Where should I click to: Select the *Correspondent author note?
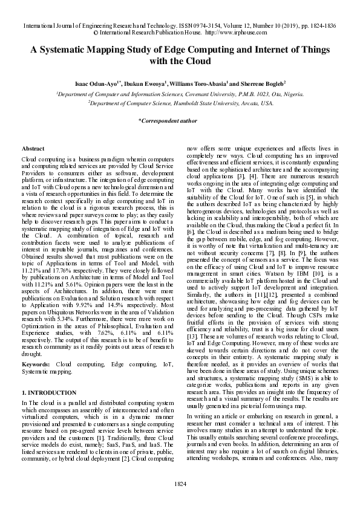point(168,120)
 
